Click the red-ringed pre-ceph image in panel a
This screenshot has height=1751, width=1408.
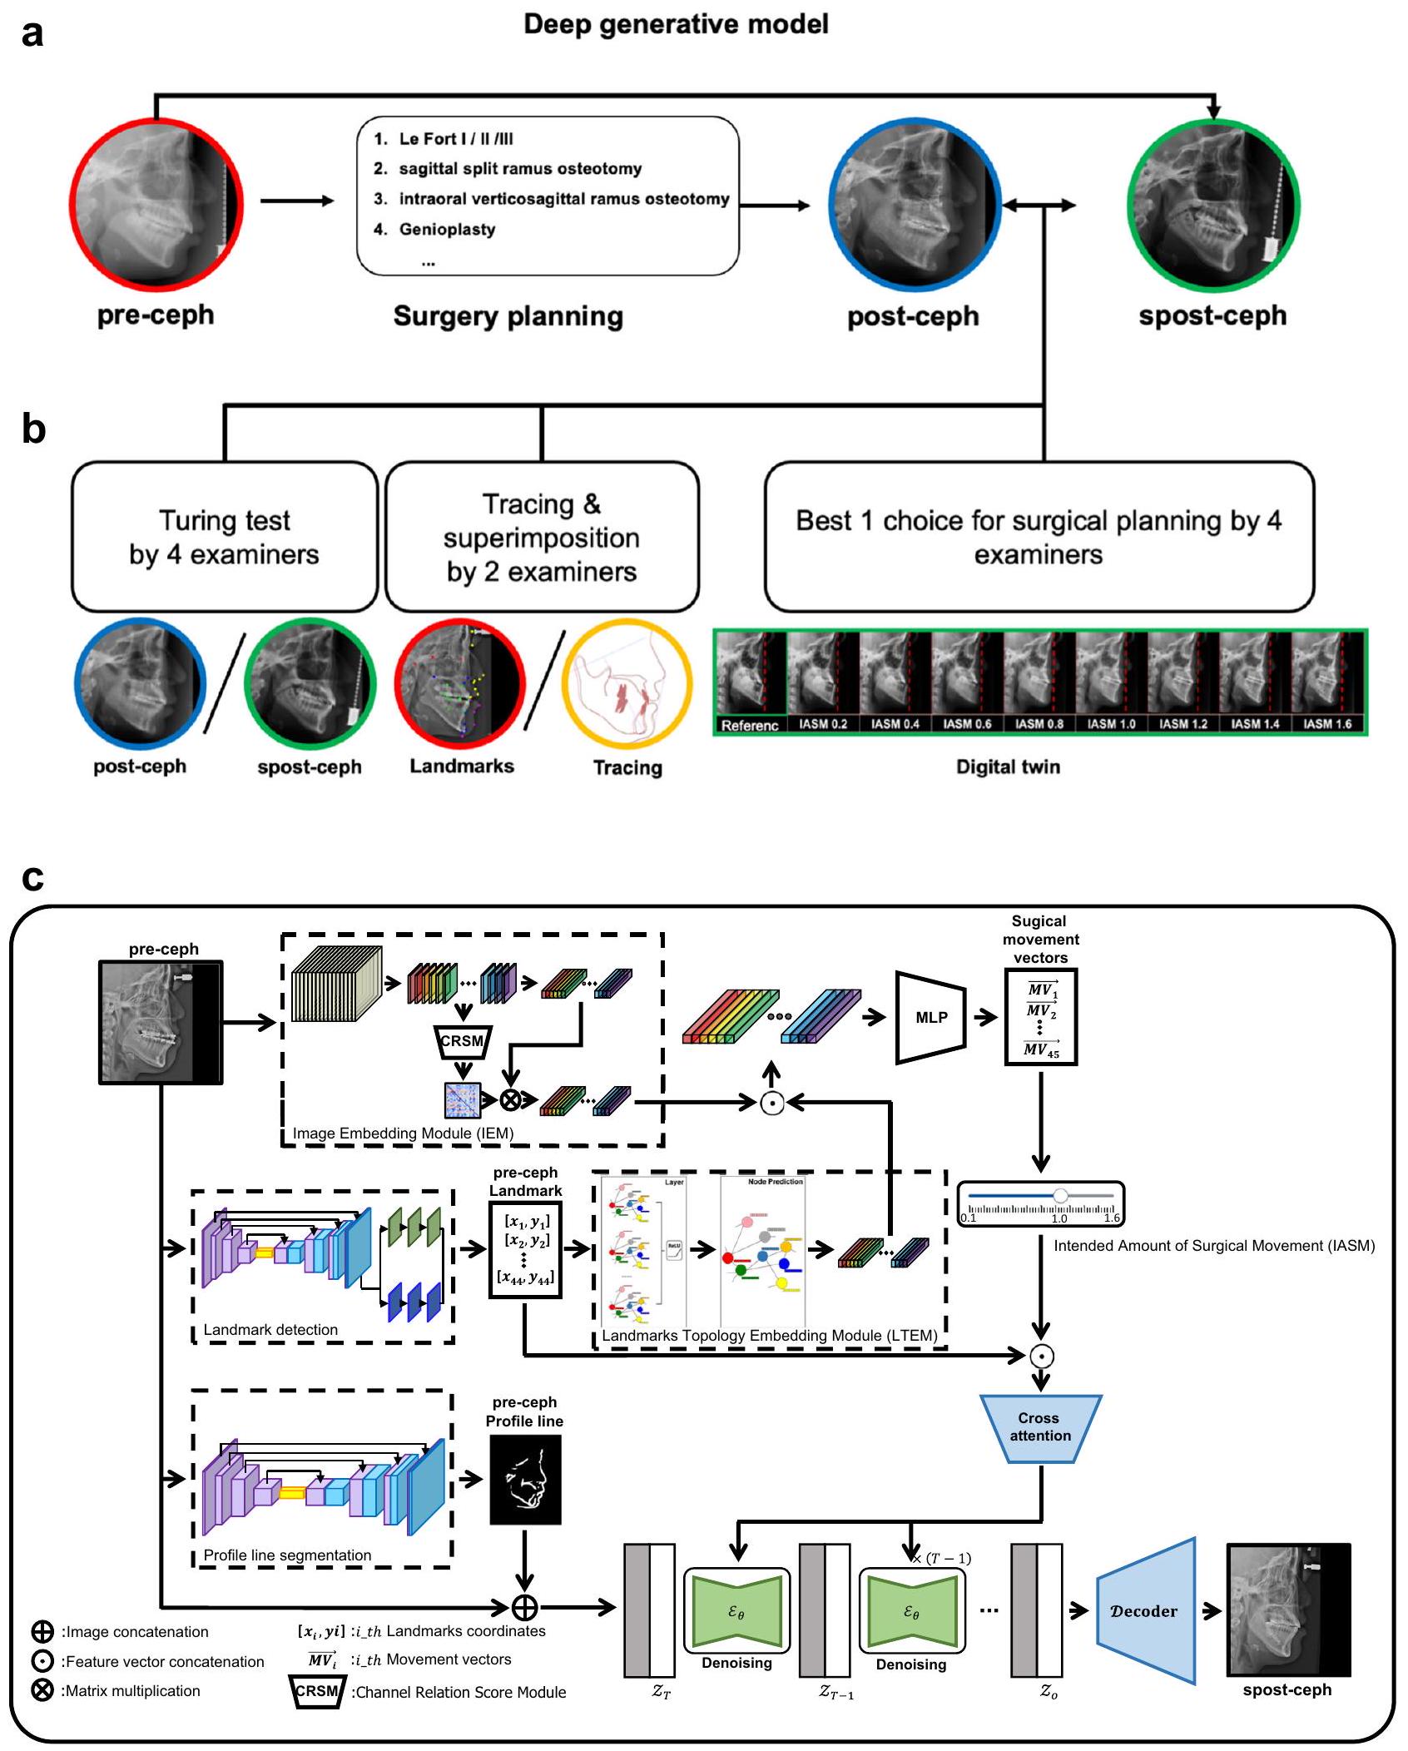pos(156,205)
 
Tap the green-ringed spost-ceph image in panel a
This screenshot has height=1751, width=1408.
pos(1213,205)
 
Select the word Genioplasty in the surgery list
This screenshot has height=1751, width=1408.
pos(447,230)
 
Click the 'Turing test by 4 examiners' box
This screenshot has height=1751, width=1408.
pos(225,537)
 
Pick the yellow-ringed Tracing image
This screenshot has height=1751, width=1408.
pos(627,684)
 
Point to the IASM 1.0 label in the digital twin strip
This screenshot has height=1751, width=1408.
pos(1111,724)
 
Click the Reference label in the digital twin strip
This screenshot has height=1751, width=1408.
pos(750,726)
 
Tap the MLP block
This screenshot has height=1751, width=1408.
pos(931,1017)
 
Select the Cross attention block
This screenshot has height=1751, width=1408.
pos(1040,1427)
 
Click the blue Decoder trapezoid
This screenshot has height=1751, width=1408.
pos(1145,1610)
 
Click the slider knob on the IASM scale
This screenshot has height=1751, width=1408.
pos(1060,1196)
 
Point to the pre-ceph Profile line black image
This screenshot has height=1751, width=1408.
pos(525,1479)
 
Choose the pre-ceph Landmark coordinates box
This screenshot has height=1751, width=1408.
pos(525,1250)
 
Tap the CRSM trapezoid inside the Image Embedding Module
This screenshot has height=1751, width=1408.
pos(462,1041)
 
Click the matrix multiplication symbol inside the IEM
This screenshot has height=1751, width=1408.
pos(510,1100)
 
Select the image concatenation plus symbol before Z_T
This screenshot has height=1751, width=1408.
pos(524,1607)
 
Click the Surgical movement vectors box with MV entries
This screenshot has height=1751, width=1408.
pos(1041,1017)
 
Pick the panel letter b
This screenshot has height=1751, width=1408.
pos(33,429)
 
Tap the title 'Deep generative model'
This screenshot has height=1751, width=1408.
pos(676,24)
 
